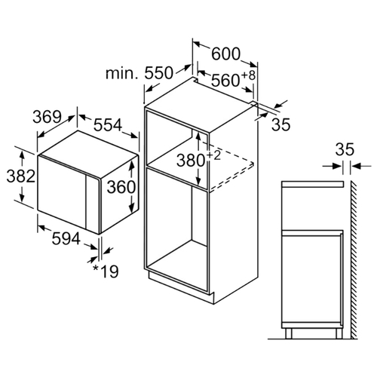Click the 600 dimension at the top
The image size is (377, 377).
pyautogui.click(x=225, y=54)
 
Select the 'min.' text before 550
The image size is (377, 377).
pyautogui.click(x=122, y=73)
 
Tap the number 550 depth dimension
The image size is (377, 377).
pyautogui.click(x=159, y=73)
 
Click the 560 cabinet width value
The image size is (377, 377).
pyautogui.click(x=225, y=81)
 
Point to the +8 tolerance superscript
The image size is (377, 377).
pyautogui.click(x=249, y=75)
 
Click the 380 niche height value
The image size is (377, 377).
pyautogui.click(x=191, y=161)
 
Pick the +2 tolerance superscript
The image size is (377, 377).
pyautogui.click(x=213, y=156)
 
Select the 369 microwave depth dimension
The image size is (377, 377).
pyautogui.click(x=47, y=117)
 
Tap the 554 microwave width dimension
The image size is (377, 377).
pyautogui.click(x=108, y=125)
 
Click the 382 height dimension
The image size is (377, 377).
pyautogui.click(x=20, y=176)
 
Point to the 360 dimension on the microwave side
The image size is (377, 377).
pyautogui.click(x=121, y=187)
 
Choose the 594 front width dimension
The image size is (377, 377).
pyautogui.click(x=66, y=238)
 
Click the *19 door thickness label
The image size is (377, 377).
pyautogui.click(x=106, y=271)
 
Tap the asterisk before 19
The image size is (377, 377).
pyautogui.click(x=96, y=268)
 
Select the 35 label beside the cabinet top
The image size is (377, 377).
pyautogui.click(x=280, y=124)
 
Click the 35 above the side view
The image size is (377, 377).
pyautogui.click(x=345, y=149)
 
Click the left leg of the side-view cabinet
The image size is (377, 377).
pyautogui.click(x=289, y=333)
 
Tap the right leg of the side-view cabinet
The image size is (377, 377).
pyautogui.click(x=339, y=333)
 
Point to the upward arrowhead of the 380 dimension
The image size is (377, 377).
pyautogui.click(x=198, y=136)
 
